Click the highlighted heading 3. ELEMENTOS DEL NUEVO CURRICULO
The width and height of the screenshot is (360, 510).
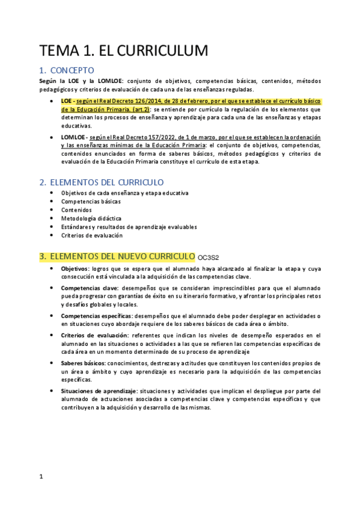coord(122,257)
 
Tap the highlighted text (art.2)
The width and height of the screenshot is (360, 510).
coord(139,110)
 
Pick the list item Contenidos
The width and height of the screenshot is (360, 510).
coord(76,210)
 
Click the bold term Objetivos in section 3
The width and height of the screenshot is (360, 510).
coord(75,268)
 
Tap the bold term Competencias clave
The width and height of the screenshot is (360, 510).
coord(90,288)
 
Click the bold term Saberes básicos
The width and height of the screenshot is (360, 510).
coord(84,364)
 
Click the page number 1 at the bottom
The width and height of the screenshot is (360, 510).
coord(41,477)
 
